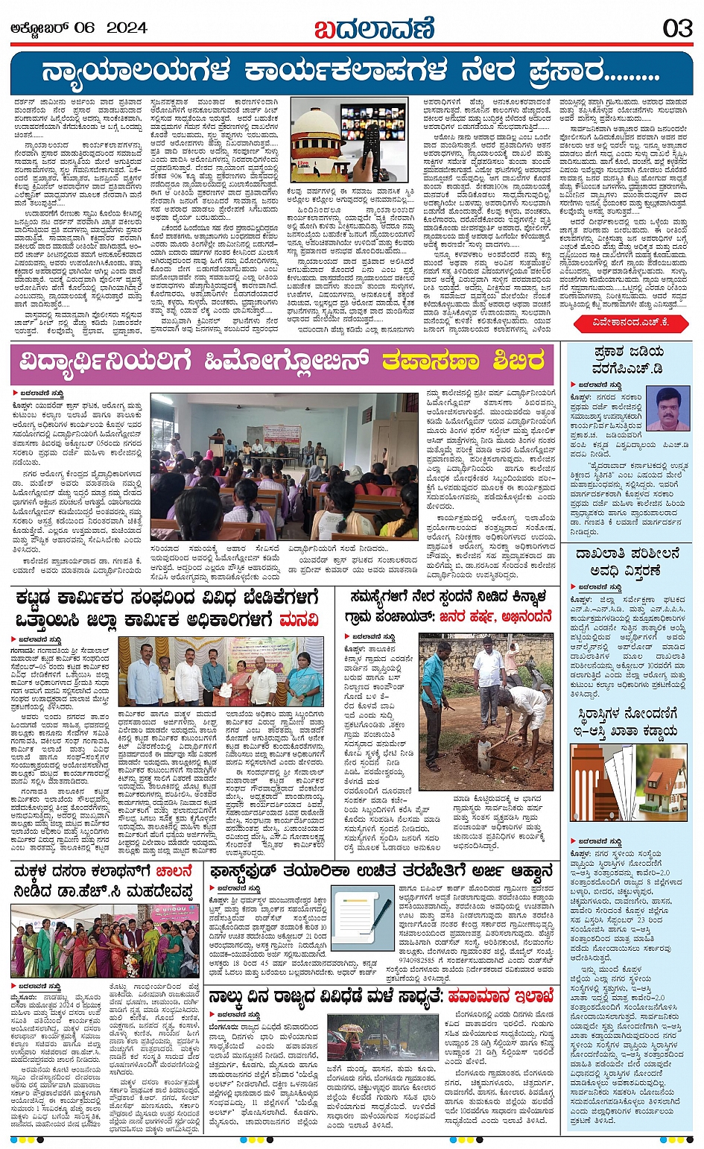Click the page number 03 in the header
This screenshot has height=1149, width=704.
[x=677, y=28]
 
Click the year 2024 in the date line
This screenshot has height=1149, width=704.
[x=127, y=28]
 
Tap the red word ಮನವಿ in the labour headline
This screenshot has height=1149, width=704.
[x=299, y=619]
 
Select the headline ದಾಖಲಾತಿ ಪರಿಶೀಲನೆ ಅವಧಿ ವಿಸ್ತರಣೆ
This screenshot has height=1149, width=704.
[x=627, y=562]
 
